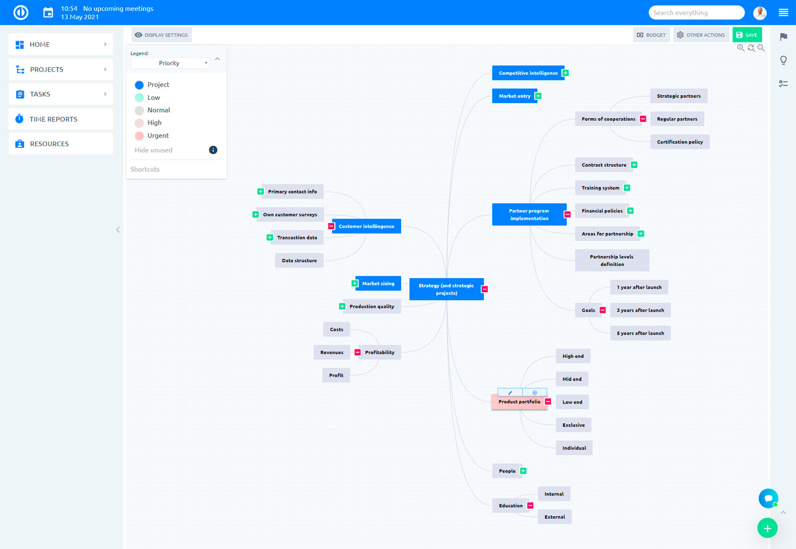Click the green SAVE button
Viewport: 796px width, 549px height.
(x=747, y=35)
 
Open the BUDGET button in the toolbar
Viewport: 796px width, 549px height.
(x=651, y=35)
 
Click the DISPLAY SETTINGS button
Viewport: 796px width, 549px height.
(x=162, y=35)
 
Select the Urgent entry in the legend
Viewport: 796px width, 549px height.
(x=158, y=135)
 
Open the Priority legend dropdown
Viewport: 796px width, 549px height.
(x=170, y=63)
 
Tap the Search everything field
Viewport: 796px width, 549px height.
(x=696, y=13)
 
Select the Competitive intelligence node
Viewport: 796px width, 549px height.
(x=528, y=73)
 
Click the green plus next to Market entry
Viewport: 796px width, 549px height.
(x=538, y=96)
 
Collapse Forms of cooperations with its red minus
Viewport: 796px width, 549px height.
(x=643, y=119)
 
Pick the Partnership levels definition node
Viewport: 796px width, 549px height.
(x=612, y=260)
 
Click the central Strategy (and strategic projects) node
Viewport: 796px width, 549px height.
(x=446, y=289)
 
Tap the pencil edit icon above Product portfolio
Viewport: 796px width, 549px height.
(x=510, y=392)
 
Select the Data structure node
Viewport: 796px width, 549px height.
(x=299, y=260)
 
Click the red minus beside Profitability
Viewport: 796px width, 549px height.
(x=357, y=352)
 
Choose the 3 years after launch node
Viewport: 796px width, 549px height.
(x=640, y=310)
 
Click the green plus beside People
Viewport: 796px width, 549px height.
(x=523, y=471)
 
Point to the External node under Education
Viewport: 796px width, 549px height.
(x=554, y=517)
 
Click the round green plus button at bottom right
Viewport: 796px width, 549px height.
(x=767, y=528)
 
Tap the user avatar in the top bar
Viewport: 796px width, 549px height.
(x=760, y=13)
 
